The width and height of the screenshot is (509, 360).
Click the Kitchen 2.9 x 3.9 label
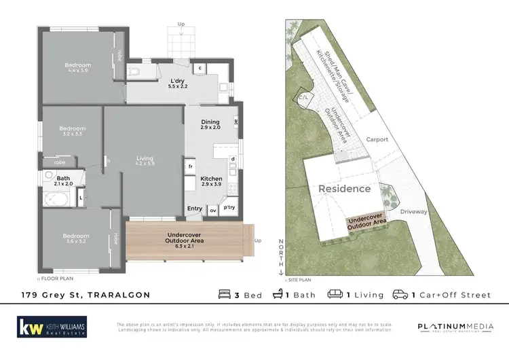211,181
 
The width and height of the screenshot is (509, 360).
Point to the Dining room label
210,124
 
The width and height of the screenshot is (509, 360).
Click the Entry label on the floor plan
194,209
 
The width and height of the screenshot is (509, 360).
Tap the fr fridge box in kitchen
191,166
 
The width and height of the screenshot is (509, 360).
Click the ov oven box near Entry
212,210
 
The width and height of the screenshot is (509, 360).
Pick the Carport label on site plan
377,139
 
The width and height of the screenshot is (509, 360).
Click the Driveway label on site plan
413,212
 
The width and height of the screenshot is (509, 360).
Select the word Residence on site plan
345,188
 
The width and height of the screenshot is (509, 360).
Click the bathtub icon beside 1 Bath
278,295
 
